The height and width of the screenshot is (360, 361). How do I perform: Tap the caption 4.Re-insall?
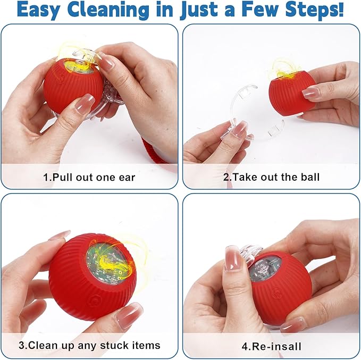[x=271, y=346]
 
